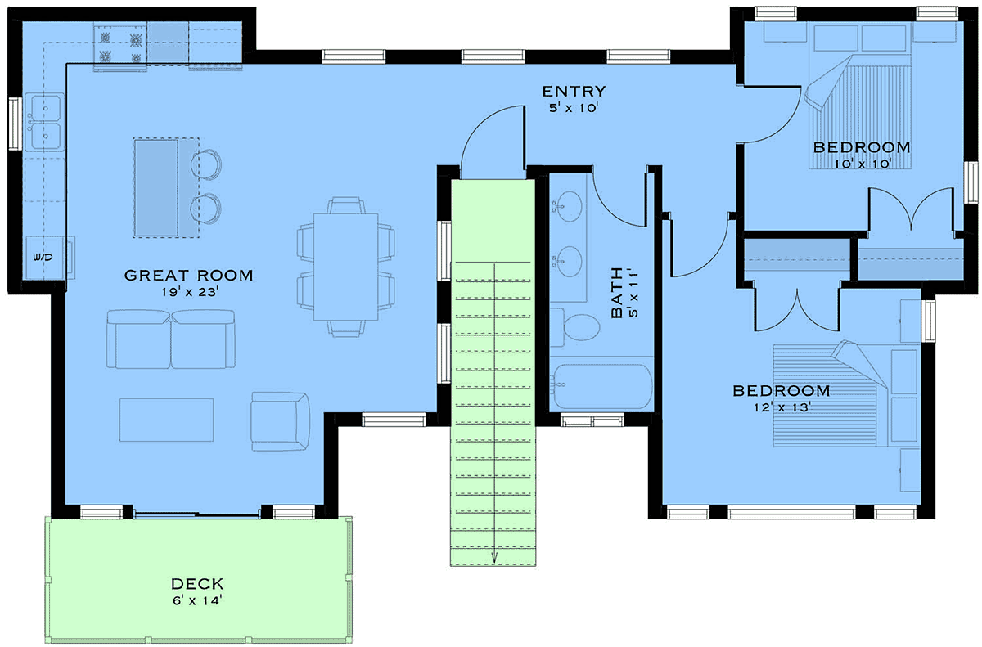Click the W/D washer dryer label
43,257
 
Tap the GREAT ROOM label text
188,276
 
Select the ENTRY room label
574,91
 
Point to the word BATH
617,292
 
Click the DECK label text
197,583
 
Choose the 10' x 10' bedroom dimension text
863,164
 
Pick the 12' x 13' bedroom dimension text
782,407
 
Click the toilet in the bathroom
575,327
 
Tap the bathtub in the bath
602,386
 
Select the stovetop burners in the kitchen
120,47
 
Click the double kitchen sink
45,122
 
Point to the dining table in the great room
346,267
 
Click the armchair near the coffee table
281,421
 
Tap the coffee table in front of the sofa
167,420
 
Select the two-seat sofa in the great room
170,339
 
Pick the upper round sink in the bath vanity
570,206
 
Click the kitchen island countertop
166,188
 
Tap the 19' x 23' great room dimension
189,292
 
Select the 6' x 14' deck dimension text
197,600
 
